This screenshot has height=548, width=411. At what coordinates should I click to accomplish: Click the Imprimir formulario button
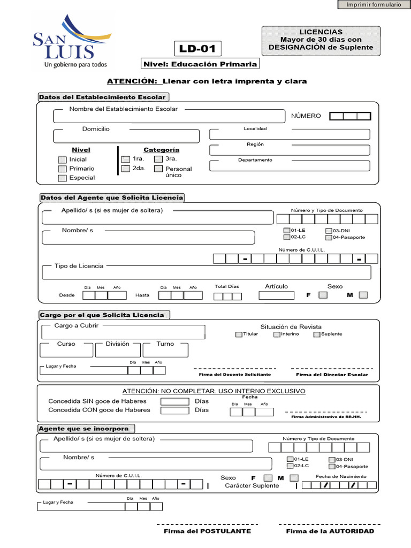[374, 5]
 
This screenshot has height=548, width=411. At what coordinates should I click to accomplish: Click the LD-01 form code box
[197, 49]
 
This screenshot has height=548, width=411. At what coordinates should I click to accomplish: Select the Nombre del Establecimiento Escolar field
[169, 116]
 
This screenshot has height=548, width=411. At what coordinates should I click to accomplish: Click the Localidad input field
[290, 134]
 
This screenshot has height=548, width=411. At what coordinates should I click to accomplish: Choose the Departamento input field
[290, 165]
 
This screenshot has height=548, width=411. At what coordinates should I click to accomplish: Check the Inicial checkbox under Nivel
[62, 160]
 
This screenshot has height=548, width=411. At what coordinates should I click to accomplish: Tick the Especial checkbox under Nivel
[62, 178]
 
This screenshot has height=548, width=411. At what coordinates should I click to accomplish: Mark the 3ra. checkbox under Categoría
[158, 159]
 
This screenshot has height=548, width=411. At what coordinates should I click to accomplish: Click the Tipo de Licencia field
[207, 273]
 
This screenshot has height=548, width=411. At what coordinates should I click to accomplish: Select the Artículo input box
[276, 295]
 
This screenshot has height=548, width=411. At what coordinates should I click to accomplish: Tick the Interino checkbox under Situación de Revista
[277, 334]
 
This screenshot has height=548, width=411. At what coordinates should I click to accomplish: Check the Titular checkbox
[239, 334]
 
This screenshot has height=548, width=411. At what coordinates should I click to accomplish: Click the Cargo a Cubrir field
[123, 332]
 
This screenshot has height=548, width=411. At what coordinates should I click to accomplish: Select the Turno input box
[165, 350]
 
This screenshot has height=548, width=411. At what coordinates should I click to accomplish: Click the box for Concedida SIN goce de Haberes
[175, 401]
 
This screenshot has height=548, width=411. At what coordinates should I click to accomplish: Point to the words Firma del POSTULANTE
[207, 531]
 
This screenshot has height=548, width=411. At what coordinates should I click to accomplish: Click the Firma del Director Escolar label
[332, 375]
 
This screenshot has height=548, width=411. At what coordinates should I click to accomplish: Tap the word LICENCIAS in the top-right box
[321, 32]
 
